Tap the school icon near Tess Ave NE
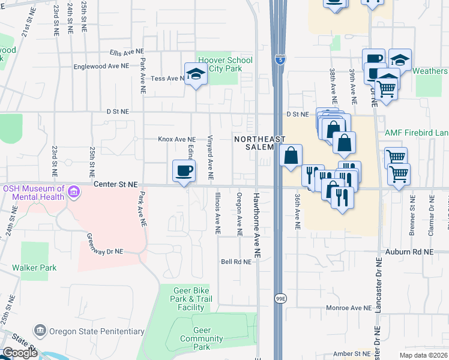[x=196, y=74]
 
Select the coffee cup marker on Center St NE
[x=184, y=171]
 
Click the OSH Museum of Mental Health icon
[x=74, y=193]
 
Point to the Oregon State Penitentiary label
[x=97, y=331]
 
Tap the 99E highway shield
[x=280, y=299]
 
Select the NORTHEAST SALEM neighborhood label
[x=258, y=143]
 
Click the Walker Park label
[x=35, y=268]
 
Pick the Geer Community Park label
[x=202, y=338]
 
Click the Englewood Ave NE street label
[x=110, y=66]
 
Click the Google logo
[x=19, y=352]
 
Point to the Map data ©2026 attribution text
[x=424, y=355]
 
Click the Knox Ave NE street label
[x=176, y=139]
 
